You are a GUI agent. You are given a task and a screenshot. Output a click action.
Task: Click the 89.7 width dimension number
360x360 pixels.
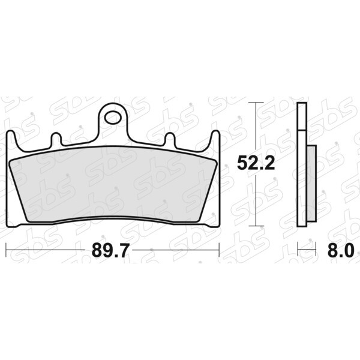click(x=109, y=250)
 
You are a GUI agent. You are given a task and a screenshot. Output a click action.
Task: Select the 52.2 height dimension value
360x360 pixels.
click(x=256, y=163)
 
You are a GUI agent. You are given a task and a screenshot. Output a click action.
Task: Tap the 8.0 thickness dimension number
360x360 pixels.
click(x=340, y=250)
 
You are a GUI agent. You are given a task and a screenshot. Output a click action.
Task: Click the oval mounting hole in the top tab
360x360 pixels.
click(x=113, y=118)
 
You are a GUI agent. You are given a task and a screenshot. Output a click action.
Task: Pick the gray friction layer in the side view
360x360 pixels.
click(x=311, y=183)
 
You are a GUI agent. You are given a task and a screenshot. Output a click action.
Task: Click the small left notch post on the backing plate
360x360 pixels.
click(x=56, y=139)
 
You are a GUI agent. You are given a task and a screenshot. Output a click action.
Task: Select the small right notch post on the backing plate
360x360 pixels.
click(x=170, y=139)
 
